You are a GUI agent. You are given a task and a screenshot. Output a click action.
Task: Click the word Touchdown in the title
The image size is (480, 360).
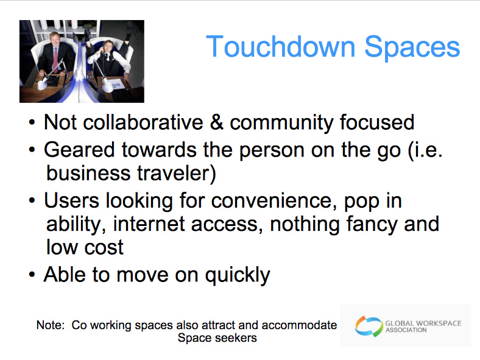tap(280, 47)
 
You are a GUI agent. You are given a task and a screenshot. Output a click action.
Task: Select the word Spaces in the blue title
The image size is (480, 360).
tap(412, 48)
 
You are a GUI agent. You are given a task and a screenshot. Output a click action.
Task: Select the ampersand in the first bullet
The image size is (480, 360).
tap(216, 122)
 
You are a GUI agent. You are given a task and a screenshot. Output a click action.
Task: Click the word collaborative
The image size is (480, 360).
tap(143, 122)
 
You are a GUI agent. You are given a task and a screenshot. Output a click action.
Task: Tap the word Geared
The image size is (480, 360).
tap(79, 150)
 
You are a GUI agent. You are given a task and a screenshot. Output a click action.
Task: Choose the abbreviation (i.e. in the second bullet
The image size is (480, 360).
tap(425, 150)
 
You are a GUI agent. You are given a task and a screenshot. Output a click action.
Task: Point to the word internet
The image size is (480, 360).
tap(149, 224)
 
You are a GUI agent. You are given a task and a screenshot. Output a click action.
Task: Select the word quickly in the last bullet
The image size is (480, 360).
tap(238, 275)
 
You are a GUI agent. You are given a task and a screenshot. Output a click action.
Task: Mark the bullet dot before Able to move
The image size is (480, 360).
tap(32, 275)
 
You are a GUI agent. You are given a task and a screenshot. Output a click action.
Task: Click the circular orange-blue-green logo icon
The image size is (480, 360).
tap(369, 326)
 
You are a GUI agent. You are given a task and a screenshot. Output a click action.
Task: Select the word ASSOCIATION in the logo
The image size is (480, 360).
tap(406, 330)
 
